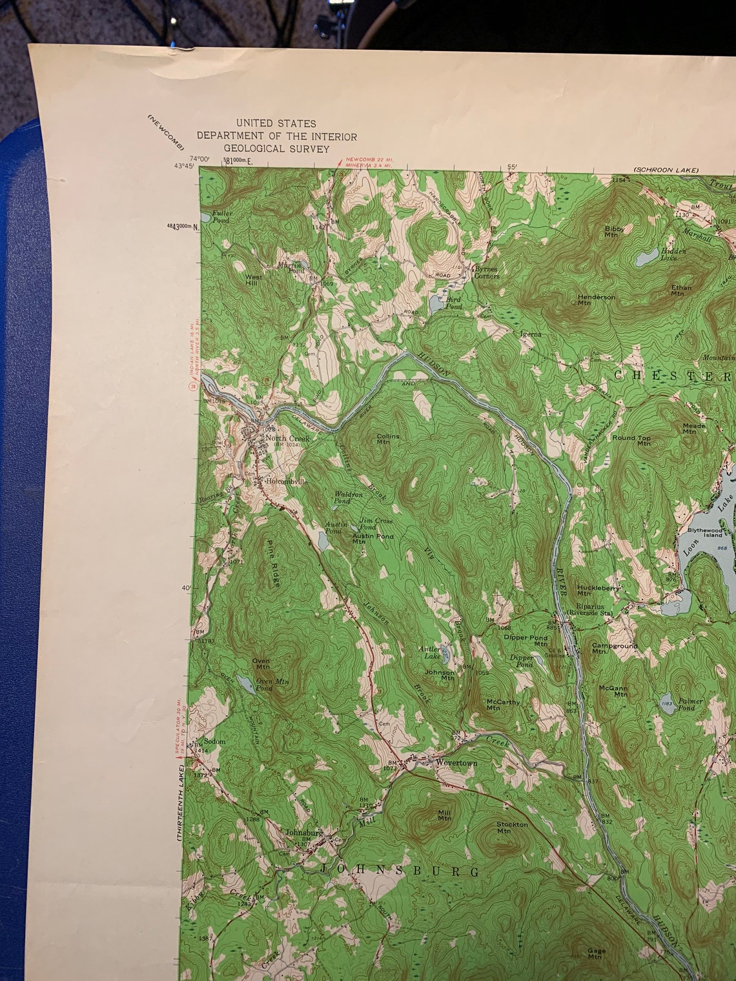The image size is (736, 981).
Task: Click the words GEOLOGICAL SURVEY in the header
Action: pos(276,148)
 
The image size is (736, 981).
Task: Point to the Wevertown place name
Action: pos(456,763)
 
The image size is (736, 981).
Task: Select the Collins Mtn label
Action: pos(388,439)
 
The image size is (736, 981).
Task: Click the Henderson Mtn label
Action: pos(597,299)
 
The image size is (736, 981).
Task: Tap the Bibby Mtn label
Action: pos(612,231)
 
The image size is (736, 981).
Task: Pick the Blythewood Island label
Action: pos(703,532)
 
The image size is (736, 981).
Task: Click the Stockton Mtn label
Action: pos(512,827)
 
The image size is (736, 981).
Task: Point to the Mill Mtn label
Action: pos(444,815)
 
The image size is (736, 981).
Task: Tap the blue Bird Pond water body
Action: pos(436,302)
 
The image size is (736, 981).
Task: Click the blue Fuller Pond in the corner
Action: pos(205,215)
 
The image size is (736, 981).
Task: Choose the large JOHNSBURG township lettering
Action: pos(400,871)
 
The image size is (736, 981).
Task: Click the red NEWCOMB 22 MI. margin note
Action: pos(369,159)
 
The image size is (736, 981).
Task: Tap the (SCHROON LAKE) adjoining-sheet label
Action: pos(666,170)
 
